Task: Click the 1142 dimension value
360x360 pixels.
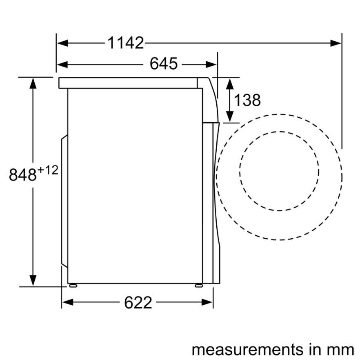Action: (126, 42)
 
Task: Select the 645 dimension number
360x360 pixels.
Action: (163, 64)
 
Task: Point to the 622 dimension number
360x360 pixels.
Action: (138, 302)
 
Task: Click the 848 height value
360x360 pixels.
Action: (23, 175)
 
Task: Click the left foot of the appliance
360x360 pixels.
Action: (73, 285)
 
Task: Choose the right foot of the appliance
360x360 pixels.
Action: (198, 285)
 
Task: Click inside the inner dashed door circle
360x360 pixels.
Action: (279, 171)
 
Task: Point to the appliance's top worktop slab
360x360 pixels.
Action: (128, 83)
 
